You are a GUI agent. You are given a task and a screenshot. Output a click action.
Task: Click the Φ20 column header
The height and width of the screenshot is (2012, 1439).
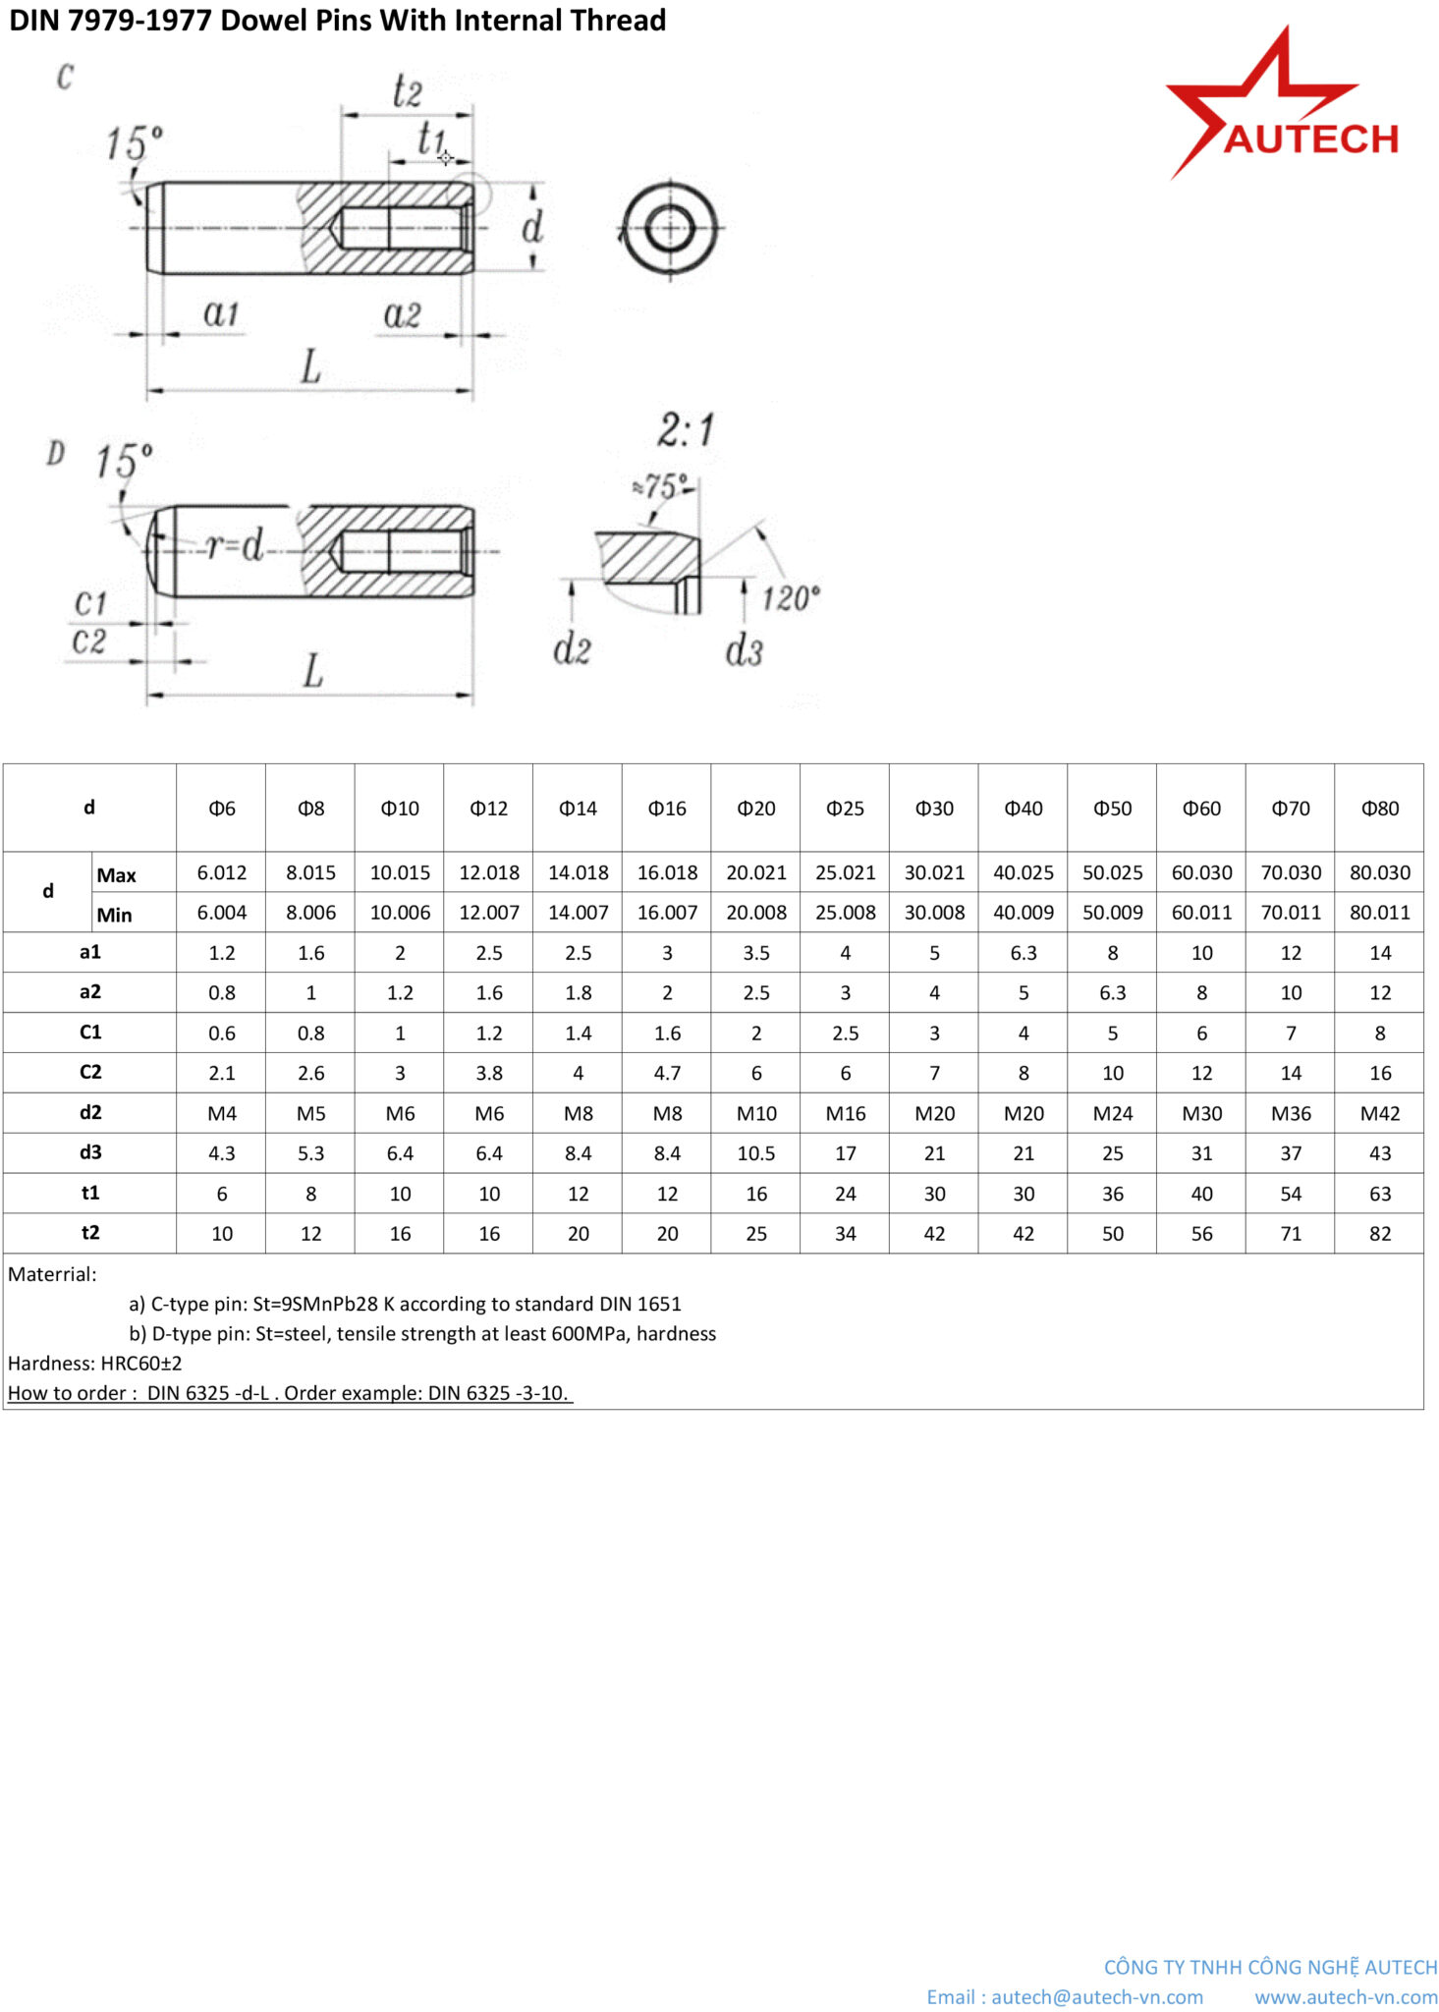755,808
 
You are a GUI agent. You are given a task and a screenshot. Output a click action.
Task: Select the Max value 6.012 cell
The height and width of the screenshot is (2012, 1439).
222,872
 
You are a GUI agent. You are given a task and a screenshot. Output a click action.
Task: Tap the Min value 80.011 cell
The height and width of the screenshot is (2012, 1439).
1379,913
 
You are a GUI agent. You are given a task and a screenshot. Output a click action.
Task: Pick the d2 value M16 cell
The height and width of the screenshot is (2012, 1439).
845,1113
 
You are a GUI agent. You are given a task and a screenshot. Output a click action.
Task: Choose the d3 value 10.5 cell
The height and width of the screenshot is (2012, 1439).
755,1153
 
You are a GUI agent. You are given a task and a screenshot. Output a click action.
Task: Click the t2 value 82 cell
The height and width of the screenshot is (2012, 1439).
1379,1234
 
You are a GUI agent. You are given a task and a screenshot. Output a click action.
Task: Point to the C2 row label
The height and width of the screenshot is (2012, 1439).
89,1072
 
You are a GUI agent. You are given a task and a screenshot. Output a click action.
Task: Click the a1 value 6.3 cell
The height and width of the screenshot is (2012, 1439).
1023,953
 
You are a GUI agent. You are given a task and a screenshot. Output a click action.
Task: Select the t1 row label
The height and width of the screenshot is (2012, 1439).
89,1193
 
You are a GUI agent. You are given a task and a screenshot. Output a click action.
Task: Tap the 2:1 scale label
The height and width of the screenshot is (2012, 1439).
686,430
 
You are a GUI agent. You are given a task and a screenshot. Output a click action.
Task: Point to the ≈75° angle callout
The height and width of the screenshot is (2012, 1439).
662,486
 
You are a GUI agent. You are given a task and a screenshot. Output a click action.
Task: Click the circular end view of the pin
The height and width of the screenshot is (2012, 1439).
670,229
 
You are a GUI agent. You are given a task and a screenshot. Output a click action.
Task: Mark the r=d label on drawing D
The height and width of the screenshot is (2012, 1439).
235,545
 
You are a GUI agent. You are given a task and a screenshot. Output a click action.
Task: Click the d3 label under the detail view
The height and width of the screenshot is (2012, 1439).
744,650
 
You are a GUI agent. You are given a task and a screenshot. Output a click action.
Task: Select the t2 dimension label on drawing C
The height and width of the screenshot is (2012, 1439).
407,91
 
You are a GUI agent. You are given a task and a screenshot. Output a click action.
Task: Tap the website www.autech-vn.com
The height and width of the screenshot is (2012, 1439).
1345,1997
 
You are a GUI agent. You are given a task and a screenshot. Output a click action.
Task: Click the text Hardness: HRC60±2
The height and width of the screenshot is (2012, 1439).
95,1364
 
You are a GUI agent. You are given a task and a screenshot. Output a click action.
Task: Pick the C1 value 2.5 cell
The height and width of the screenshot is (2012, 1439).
845,1034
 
